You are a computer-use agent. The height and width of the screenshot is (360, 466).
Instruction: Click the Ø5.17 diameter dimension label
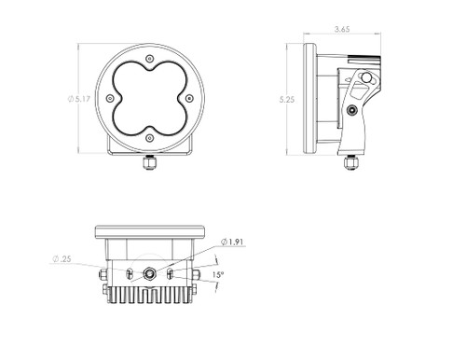coord(79,99)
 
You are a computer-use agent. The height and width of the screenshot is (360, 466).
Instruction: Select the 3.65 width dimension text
coord(342,29)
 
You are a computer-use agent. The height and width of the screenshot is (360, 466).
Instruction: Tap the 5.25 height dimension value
coord(287,100)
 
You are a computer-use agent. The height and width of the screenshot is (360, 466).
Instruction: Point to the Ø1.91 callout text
coord(232,242)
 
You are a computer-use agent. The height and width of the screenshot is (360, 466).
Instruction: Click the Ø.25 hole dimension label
coord(62,258)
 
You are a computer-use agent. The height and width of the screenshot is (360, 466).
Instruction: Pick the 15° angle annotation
coord(218,275)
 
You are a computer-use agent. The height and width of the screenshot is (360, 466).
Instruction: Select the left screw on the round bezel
coord(110,99)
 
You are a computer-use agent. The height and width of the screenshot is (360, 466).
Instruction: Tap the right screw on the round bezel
coord(189,99)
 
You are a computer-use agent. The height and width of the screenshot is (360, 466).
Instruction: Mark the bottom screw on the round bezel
coord(150,138)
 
